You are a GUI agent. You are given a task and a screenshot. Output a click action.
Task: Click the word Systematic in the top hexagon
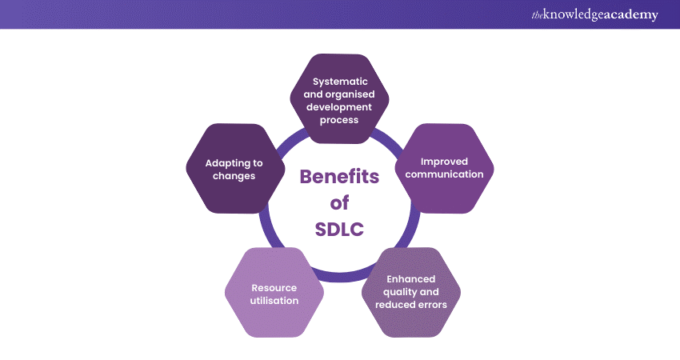click(x=340, y=82)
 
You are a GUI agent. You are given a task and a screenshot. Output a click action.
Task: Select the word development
click(x=339, y=107)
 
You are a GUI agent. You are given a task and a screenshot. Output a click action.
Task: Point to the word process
click(x=339, y=120)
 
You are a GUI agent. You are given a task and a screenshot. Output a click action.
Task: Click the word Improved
click(x=444, y=162)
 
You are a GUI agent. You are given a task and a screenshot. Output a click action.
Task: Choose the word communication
click(x=444, y=174)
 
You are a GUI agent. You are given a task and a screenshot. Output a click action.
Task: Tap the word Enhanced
click(x=410, y=279)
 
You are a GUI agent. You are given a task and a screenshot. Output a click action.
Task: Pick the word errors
click(x=431, y=305)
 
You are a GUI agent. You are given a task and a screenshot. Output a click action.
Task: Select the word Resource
click(x=274, y=288)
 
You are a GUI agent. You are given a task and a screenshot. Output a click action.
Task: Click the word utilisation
click(x=274, y=301)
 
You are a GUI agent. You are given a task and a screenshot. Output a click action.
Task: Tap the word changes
click(x=234, y=176)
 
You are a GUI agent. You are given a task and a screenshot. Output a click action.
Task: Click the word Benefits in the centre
click(x=339, y=177)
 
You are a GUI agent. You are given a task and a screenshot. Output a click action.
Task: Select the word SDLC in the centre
click(x=339, y=230)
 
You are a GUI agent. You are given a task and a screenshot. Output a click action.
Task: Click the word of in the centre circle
click(x=339, y=202)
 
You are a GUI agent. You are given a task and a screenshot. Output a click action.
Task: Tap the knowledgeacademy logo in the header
click(x=594, y=14)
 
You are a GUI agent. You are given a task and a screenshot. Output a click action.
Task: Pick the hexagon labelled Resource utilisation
click(x=274, y=292)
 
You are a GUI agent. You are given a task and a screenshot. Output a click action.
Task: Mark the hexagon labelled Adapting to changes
click(x=235, y=169)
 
